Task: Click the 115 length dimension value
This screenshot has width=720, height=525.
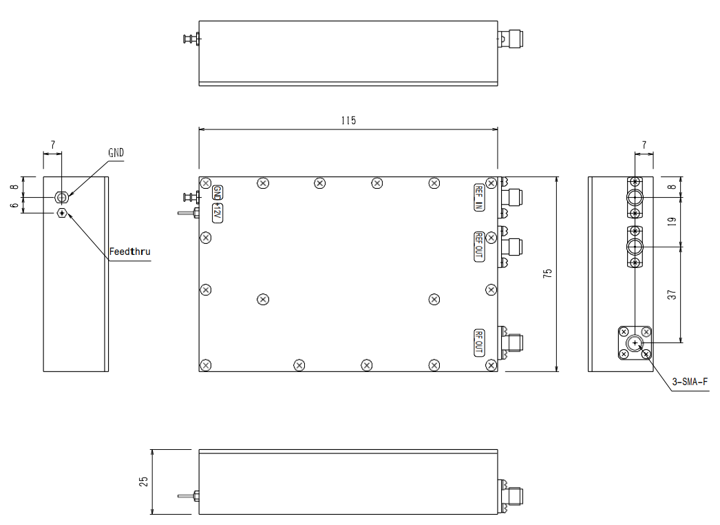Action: click(x=348, y=121)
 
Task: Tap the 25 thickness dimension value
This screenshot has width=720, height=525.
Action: click(x=144, y=481)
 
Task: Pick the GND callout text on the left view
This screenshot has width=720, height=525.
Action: click(x=116, y=153)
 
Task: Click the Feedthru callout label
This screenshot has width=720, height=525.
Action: click(x=129, y=251)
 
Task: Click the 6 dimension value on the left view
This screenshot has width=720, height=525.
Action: click(x=14, y=205)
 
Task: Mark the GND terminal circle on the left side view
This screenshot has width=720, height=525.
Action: click(x=62, y=198)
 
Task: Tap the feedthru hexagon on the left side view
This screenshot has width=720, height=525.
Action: click(x=62, y=213)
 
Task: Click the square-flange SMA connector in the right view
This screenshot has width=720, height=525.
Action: click(x=634, y=342)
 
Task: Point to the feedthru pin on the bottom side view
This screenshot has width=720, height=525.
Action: click(x=185, y=495)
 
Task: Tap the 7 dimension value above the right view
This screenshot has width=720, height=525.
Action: click(x=644, y=145)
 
